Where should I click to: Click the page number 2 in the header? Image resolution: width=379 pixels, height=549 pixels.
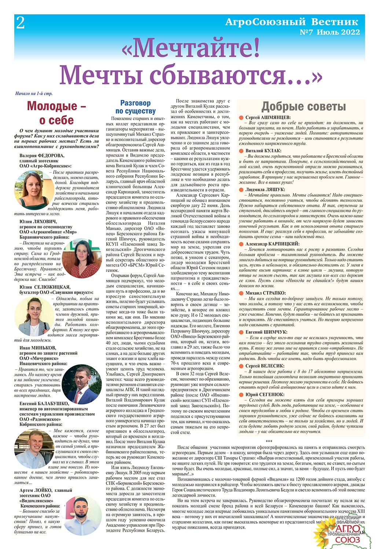pyautogui.click(x=21, y=23)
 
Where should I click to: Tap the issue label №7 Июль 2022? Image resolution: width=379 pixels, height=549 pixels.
pyautogui.click(x=330, y=32)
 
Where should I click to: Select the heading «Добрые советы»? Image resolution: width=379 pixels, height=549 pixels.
pyautogui.click(x=303, y=107)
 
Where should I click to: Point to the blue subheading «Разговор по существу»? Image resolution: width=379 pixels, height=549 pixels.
pyautogui.click(x=135, y=107)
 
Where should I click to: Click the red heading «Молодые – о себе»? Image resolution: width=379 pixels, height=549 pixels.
pyautogui.click(x=56, y=113)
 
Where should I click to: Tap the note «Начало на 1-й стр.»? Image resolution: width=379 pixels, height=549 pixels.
pyautogui.click(x=34, y=94)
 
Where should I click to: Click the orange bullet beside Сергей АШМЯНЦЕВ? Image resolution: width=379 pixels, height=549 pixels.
pyautogui.click(x=241, y=117)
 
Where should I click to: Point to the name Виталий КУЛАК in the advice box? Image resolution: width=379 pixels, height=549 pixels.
pyautogui.click(x=264, y=151)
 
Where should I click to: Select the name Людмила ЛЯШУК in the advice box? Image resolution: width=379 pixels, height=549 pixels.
pyautogui.click(x=265, y=190)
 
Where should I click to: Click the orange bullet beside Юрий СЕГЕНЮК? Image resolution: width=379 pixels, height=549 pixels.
pyautogui.click(x=241, y=395)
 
